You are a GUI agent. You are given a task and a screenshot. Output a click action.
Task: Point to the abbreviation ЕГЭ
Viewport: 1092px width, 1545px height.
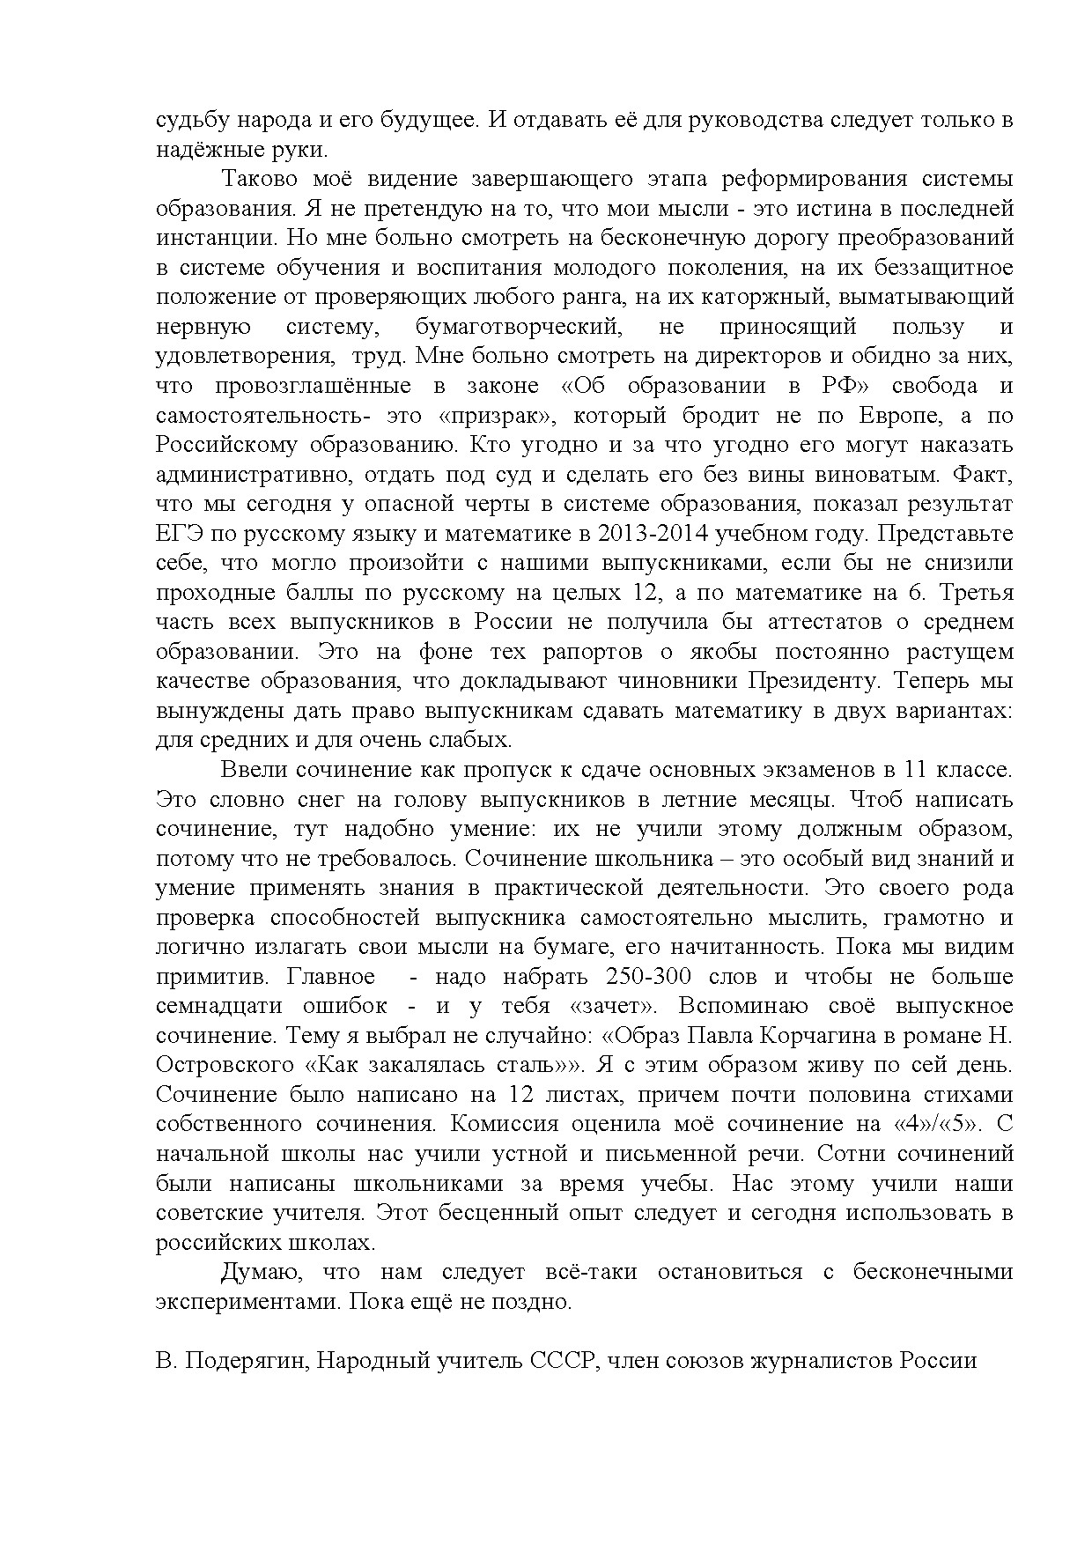[179, 534]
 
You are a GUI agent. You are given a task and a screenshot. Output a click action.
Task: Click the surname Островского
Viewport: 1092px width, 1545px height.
[224, 1066]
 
